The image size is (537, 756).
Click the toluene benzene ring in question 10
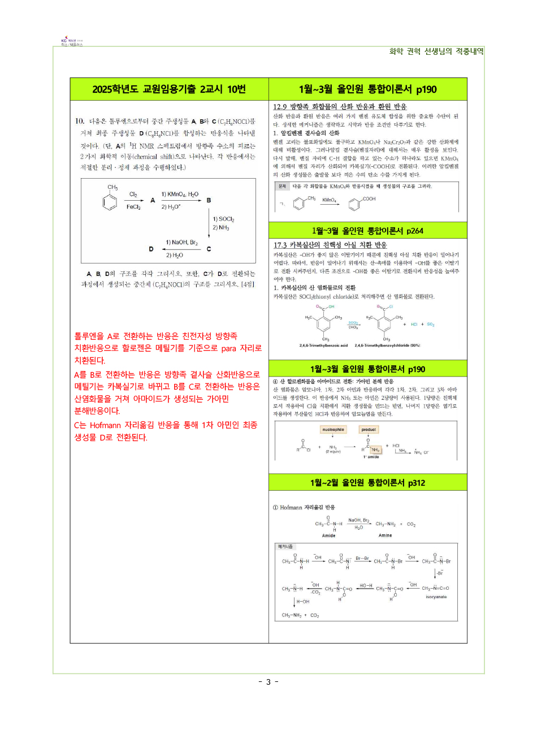(x=110, y=202)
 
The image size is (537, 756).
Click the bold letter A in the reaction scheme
(x=153, y=201)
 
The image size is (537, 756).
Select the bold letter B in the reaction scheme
(x=209, y=201)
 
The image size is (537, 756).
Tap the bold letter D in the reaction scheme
(x=151, y=249)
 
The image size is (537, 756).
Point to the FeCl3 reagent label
(x=133, y=207)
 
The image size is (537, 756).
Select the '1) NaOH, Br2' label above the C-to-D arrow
(x=181, y=243)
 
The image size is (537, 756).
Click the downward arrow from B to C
(x=209, y=224)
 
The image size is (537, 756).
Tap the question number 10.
(x=80, y=121)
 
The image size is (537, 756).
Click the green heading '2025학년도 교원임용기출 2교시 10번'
(x=169, y=89)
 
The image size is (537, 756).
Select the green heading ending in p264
(x=367, y=231)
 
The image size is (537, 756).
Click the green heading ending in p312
(x=367, y=483)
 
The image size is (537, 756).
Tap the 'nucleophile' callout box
(x=333, y=430)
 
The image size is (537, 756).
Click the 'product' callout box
(x=369, y=430)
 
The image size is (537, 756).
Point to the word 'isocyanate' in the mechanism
(x=436, y=597)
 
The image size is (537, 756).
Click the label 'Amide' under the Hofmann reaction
(x=328, y=535)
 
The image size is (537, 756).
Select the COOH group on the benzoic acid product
(x=369, y=199)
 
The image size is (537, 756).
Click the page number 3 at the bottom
(x=268, y=682)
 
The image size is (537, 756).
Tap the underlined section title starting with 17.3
(x=330, y=245)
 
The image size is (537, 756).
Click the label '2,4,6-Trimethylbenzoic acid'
(x=323, y=345)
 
